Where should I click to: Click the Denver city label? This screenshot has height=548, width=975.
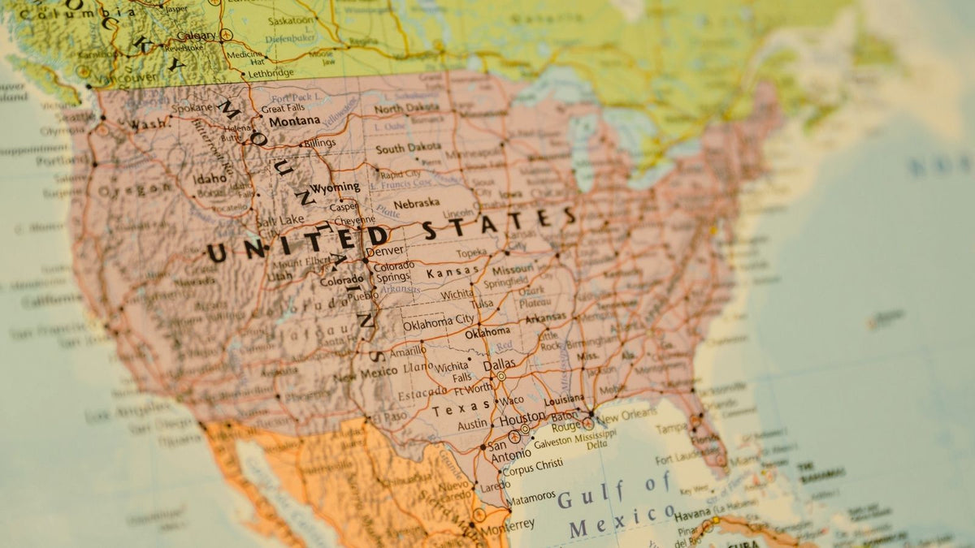pyautogui.click(x=385, y=252)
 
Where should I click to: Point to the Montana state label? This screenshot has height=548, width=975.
pyautogui.click(x=294, y=121)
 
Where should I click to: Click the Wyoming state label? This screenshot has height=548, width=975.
pyautogui.click(x=335, y=188)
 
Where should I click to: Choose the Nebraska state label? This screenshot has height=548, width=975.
pyautogui.click(x=416, y=205)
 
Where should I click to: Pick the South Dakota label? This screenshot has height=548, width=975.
pyautogui.click(x=408, y=149)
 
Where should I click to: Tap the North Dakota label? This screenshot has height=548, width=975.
pyautogui.click(x=406, y=108)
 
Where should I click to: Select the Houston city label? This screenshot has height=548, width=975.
pyautogui.click(x=522, y=420)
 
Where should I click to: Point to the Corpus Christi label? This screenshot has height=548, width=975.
pyautogui.click(x=532, y=466)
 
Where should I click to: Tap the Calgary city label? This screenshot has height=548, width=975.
pyautogui.click(x=196, y=36)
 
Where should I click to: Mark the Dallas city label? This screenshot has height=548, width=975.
pyautogui.click(x=499, y=366)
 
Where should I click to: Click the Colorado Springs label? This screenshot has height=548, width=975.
pyautogui.click(x=393, y=271)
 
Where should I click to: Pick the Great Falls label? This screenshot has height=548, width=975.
pyautogui.click(x=283, y=108)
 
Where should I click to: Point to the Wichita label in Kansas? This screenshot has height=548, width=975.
pyautogui.click(x=458, y=294)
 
